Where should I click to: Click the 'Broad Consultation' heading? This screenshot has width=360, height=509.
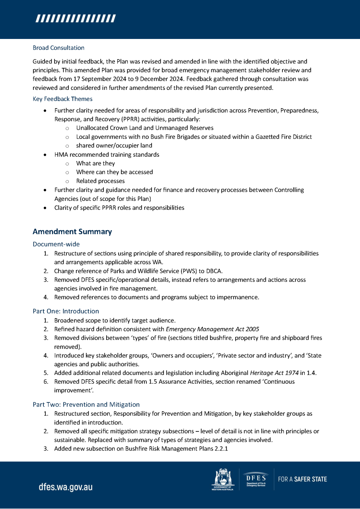(58, 48)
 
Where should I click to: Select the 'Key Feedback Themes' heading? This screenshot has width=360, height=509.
(62, 99)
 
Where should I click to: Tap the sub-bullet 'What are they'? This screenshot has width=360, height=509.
(95, 163)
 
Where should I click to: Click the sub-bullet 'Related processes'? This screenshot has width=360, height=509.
(100, 181)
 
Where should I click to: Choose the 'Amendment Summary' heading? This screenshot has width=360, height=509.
(72, 231)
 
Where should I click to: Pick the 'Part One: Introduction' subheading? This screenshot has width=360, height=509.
(66, 311)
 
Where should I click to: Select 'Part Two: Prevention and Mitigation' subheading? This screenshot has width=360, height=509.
(86, 404)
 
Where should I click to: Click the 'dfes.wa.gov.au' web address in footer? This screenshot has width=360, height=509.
(66, 487)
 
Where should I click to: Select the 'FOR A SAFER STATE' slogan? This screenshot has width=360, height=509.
(302, 479)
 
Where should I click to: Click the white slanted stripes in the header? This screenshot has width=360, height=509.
(76, 19)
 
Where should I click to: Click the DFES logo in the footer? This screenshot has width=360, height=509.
(256, 479)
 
